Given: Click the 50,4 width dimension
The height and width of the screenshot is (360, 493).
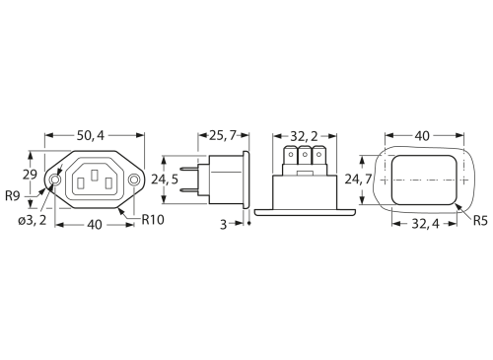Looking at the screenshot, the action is click(91, 135).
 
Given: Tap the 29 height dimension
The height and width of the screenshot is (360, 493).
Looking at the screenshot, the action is click(30, 175).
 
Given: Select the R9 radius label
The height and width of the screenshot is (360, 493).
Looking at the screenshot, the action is click(13, 196).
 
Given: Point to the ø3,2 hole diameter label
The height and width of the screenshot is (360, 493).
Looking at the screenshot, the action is click(32, 221).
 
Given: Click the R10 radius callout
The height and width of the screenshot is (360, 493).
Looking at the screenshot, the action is click(153, 220).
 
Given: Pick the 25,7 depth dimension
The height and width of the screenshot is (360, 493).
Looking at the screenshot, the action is click(223, 135).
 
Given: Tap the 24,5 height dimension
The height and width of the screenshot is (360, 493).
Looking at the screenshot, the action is click(165, 180).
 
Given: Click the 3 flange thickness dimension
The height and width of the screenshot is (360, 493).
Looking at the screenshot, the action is click(224, 225).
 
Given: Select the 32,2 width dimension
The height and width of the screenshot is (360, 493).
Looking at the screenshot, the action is click(304, 136).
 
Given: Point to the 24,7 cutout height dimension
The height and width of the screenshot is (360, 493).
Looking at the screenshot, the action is click(358, 180).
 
